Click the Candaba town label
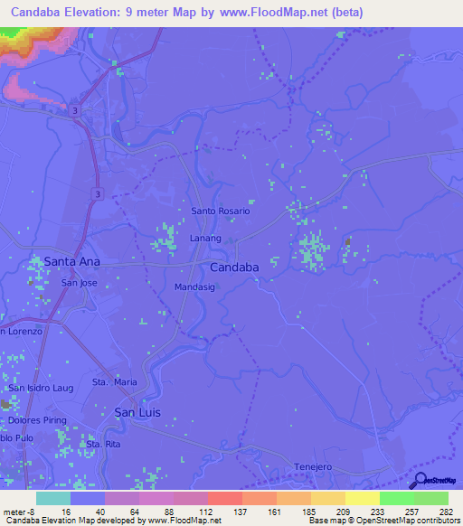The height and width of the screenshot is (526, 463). (234, 268)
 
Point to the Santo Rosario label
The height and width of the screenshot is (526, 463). (220, 211)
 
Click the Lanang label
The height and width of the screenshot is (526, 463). (205, 238)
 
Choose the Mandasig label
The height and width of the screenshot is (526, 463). (194, 287)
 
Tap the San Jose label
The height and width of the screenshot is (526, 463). (79, 283)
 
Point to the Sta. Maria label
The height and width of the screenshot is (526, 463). (115, 382)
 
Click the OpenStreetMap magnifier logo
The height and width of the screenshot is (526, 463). (419, 481)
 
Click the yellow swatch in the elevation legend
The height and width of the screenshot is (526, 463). (362, 498)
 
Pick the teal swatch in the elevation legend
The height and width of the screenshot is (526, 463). (53, 498)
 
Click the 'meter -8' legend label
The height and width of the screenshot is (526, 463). (18, 511)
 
